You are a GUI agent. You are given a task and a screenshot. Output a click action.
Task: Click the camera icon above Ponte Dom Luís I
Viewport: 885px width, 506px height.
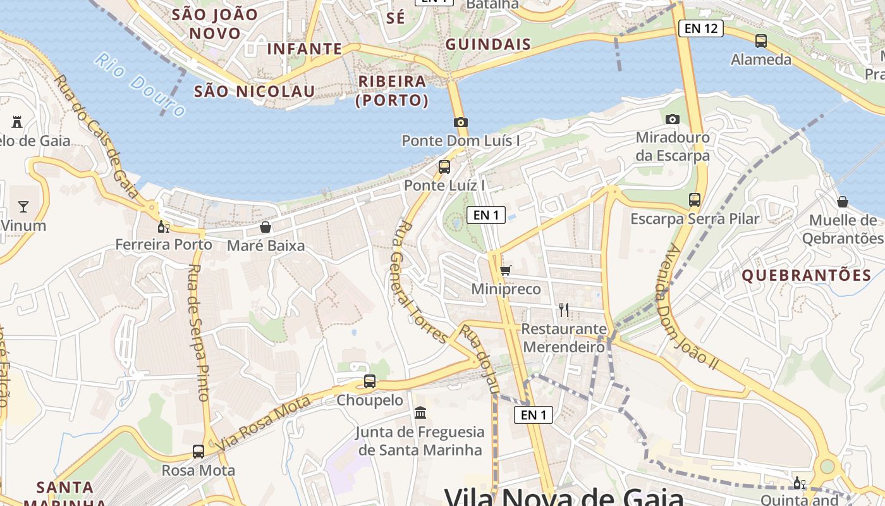tap(460, 122)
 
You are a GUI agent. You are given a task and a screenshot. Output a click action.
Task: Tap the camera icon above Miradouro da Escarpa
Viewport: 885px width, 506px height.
tap(672, 119)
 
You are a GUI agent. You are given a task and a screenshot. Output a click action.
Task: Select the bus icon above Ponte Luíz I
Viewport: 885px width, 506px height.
tap(444, 167)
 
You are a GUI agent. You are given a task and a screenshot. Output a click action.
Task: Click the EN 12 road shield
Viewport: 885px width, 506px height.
tap(701, 28)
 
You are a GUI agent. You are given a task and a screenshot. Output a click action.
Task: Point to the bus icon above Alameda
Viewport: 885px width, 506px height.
tap(761, 41)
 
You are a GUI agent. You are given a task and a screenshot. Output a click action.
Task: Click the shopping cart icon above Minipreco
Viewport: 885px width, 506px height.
tap(505, 271)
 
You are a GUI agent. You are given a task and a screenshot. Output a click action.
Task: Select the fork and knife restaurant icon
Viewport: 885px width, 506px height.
tap(564, 310)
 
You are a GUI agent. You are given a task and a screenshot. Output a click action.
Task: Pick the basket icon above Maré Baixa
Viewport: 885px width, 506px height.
tap(265, 227)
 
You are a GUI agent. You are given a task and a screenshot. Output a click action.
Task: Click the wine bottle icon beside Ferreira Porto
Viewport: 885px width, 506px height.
tap(163, 226)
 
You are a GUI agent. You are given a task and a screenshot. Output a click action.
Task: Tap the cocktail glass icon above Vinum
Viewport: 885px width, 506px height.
tap(23, 206)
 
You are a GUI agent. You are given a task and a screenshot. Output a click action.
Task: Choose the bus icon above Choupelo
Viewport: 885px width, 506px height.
tap(370, 381)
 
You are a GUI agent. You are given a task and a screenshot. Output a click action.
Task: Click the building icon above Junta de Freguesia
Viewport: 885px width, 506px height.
tap(420, 413)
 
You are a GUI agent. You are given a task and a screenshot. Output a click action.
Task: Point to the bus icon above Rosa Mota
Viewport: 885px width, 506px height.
tap(198, 451)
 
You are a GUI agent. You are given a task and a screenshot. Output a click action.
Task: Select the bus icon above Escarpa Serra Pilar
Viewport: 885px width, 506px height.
tap(695, 200)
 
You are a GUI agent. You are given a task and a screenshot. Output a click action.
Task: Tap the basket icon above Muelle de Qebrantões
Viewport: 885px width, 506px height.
tap(842, 202)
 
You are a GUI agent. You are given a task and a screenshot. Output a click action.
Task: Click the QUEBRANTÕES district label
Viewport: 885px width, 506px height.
tap(806, 275)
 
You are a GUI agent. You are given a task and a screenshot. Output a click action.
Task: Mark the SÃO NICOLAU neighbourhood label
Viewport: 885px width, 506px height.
tap(254, 91)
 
